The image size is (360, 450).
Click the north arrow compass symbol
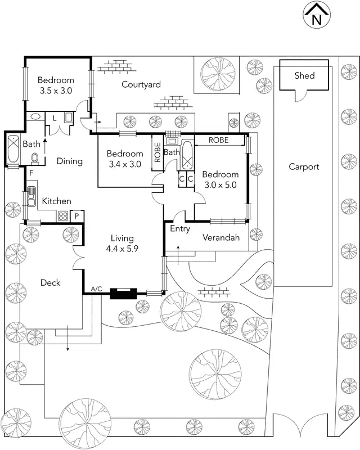pyautogui.click(x=316, y=15)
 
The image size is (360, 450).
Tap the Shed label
pyautogui.click(x=304, y=75)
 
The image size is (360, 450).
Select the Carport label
pyautogui.click(x=304, y=166)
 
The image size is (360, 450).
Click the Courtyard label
pyautogui.click(x=141, y=84)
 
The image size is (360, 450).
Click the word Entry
pyautogui.click(x=180, y=229)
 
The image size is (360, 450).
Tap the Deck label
pyautogui.click(x=50, y=282)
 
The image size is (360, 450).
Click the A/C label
pyautogui.click(x=96, y=289)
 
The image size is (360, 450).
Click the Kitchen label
pyautogui.click(x=57, y=201)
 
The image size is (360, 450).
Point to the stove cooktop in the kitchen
pyautogui.click(x=62, y=215)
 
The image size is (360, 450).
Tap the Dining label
pyautogui.click(x=70, y=161)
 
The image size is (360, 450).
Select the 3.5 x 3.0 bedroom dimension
pyautogui.click(x=56, y=89)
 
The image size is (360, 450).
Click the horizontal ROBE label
pyautogui.click(x=218, y=140)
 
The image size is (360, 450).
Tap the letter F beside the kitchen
pyautogui.click(x=31, y=173)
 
